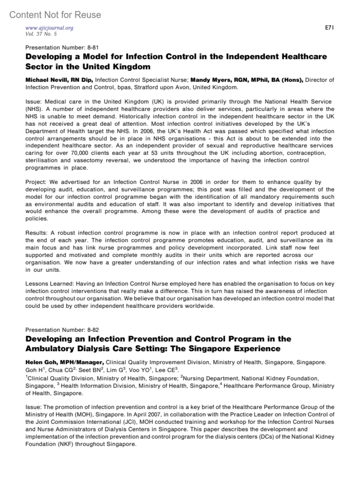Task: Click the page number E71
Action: click(x=329, y=28)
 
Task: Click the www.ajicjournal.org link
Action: click(x=49, y=28)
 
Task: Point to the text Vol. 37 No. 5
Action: click(x=41, y=34)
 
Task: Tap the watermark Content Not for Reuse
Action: click(x=55, y=15)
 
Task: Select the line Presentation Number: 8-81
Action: click(x=62, y=47)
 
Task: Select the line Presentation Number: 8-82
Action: click(x=62, y=330)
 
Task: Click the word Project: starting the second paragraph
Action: click(x=36, y=182)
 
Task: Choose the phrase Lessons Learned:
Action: click(x=49, y=284)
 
